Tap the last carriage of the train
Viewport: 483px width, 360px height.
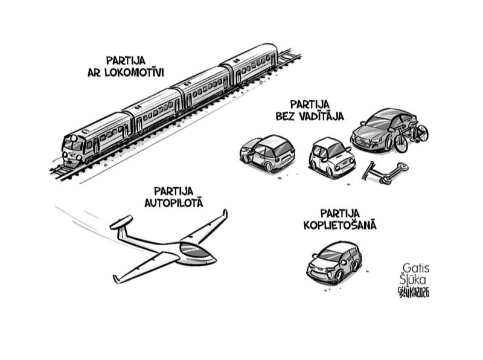tap(251, 64)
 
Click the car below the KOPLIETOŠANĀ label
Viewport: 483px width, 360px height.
tap(333, 262)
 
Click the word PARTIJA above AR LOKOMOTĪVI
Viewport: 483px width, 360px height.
tap(126, 60)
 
